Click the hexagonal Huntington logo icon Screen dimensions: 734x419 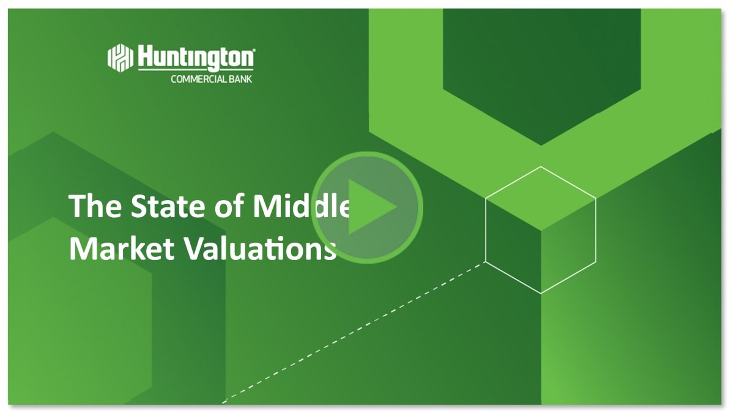coord(120,57)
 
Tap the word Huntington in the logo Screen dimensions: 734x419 coord(196,57)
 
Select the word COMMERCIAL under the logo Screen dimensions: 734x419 coord(199,80)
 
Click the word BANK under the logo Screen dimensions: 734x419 coord(241,80)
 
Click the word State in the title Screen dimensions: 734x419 coord(168,206)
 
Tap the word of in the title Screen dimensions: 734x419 coord(230,206)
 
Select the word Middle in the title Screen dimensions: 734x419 coord(302,206)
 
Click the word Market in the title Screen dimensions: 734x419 coord(122,248)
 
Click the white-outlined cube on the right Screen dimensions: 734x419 coord(541,230)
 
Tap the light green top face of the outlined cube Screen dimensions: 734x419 coord(541,199)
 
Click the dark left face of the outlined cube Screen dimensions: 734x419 coord(513,246)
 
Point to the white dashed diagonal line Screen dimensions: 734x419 coord(354,333)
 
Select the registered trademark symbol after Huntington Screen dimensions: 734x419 coord(254,50)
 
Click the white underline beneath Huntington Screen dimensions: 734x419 coord(196,70)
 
